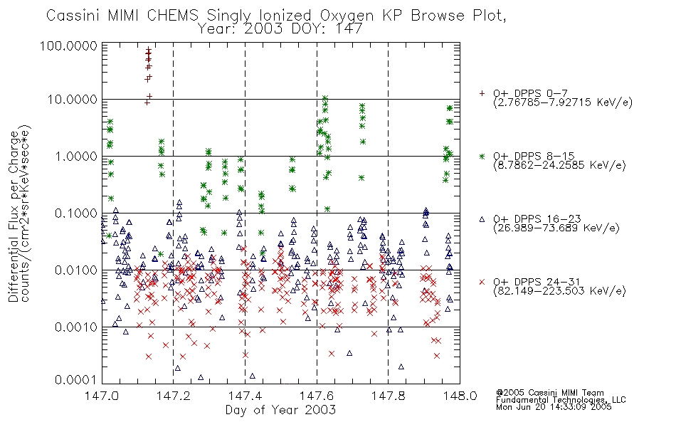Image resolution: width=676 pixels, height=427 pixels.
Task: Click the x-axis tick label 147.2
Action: coord(174,396)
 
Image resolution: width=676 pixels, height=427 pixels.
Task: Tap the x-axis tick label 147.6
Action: coord(317,396)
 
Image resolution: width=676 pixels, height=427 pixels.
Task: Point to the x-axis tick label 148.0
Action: coord(460,396)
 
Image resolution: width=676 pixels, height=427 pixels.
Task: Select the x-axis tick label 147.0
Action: coord(102,396)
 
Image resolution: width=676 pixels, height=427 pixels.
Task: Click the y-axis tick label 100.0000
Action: coord(68,46)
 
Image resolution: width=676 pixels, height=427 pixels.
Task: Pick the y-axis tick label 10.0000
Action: coord(73,100)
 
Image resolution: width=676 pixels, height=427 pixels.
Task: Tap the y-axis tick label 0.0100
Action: coord(76,270)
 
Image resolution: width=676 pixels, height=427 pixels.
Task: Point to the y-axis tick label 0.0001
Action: coord(76,379)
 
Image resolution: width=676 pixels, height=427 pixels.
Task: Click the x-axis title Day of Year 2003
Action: coord(280,410)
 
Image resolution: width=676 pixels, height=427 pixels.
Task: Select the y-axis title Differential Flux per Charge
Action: coord(14,216)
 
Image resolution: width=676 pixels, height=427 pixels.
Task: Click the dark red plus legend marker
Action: coord(482,93)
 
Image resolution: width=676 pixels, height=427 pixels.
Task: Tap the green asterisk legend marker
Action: coord(482,156)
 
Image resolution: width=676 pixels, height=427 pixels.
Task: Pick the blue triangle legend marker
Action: coord(482,219)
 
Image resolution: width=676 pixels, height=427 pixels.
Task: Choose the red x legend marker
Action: coord(482,282)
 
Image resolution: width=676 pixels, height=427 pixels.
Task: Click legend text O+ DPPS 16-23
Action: coord(537,219)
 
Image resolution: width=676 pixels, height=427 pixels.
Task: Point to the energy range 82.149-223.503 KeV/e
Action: coord(559,291)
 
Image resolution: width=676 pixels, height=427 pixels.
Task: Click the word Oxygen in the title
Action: coord(347,16)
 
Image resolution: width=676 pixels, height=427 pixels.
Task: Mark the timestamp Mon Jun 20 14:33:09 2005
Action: coord(554,407)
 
